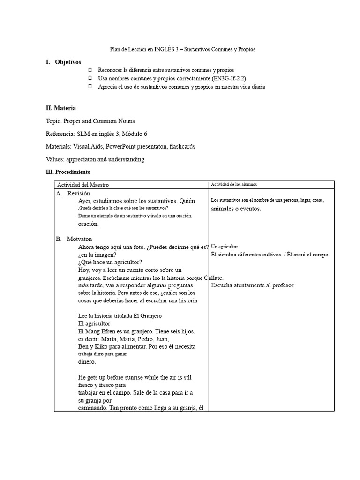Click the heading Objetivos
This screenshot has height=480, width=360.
tap(67, 62)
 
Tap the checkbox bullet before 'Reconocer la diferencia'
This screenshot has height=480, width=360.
tap(90, 70)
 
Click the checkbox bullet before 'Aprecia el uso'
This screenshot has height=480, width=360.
tap(90, 87)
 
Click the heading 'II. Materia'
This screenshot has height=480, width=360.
tap(60, 108)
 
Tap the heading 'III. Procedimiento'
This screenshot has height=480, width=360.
tap(68, 172)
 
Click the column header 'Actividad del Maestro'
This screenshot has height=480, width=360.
tap(83, 185)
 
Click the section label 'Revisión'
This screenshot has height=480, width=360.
tap(78, 193)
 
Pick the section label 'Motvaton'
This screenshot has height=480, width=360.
tap(79, 239)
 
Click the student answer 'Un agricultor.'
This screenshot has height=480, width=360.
tap(225, 246)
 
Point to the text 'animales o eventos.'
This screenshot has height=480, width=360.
tap(236, 209)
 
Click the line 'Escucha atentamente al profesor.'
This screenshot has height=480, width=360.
tap(253, 285)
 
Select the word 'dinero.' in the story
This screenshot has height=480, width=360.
tap(87, 362)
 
